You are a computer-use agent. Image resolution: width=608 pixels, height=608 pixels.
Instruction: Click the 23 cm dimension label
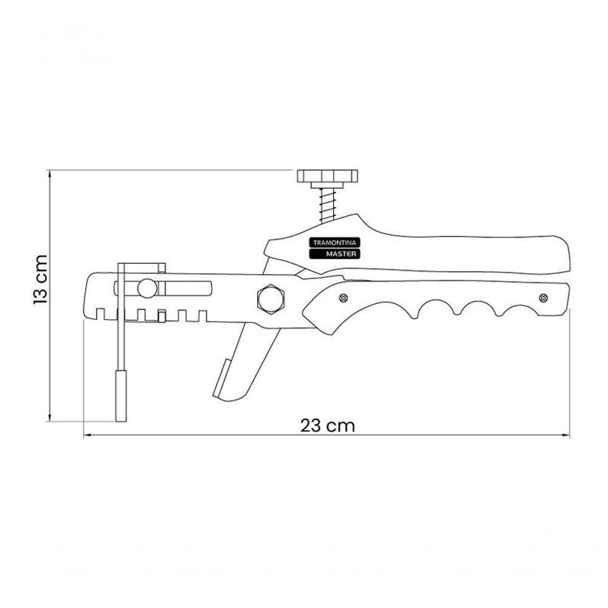328,426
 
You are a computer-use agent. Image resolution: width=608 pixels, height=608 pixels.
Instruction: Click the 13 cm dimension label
40,280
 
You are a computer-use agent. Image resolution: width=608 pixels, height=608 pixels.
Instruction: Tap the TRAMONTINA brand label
334,243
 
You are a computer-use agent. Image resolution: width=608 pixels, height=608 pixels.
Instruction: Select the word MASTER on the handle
340,254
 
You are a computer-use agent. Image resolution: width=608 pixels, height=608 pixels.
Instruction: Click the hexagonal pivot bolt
271,299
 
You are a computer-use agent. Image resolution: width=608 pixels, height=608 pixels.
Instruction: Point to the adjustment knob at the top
327,176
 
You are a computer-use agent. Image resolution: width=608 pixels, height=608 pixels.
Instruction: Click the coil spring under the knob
328,205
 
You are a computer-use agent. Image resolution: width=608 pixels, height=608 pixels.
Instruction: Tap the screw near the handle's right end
543,298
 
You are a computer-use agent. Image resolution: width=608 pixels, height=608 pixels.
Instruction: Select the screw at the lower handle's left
343,298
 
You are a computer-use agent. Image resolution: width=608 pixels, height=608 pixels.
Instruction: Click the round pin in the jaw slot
147,288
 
